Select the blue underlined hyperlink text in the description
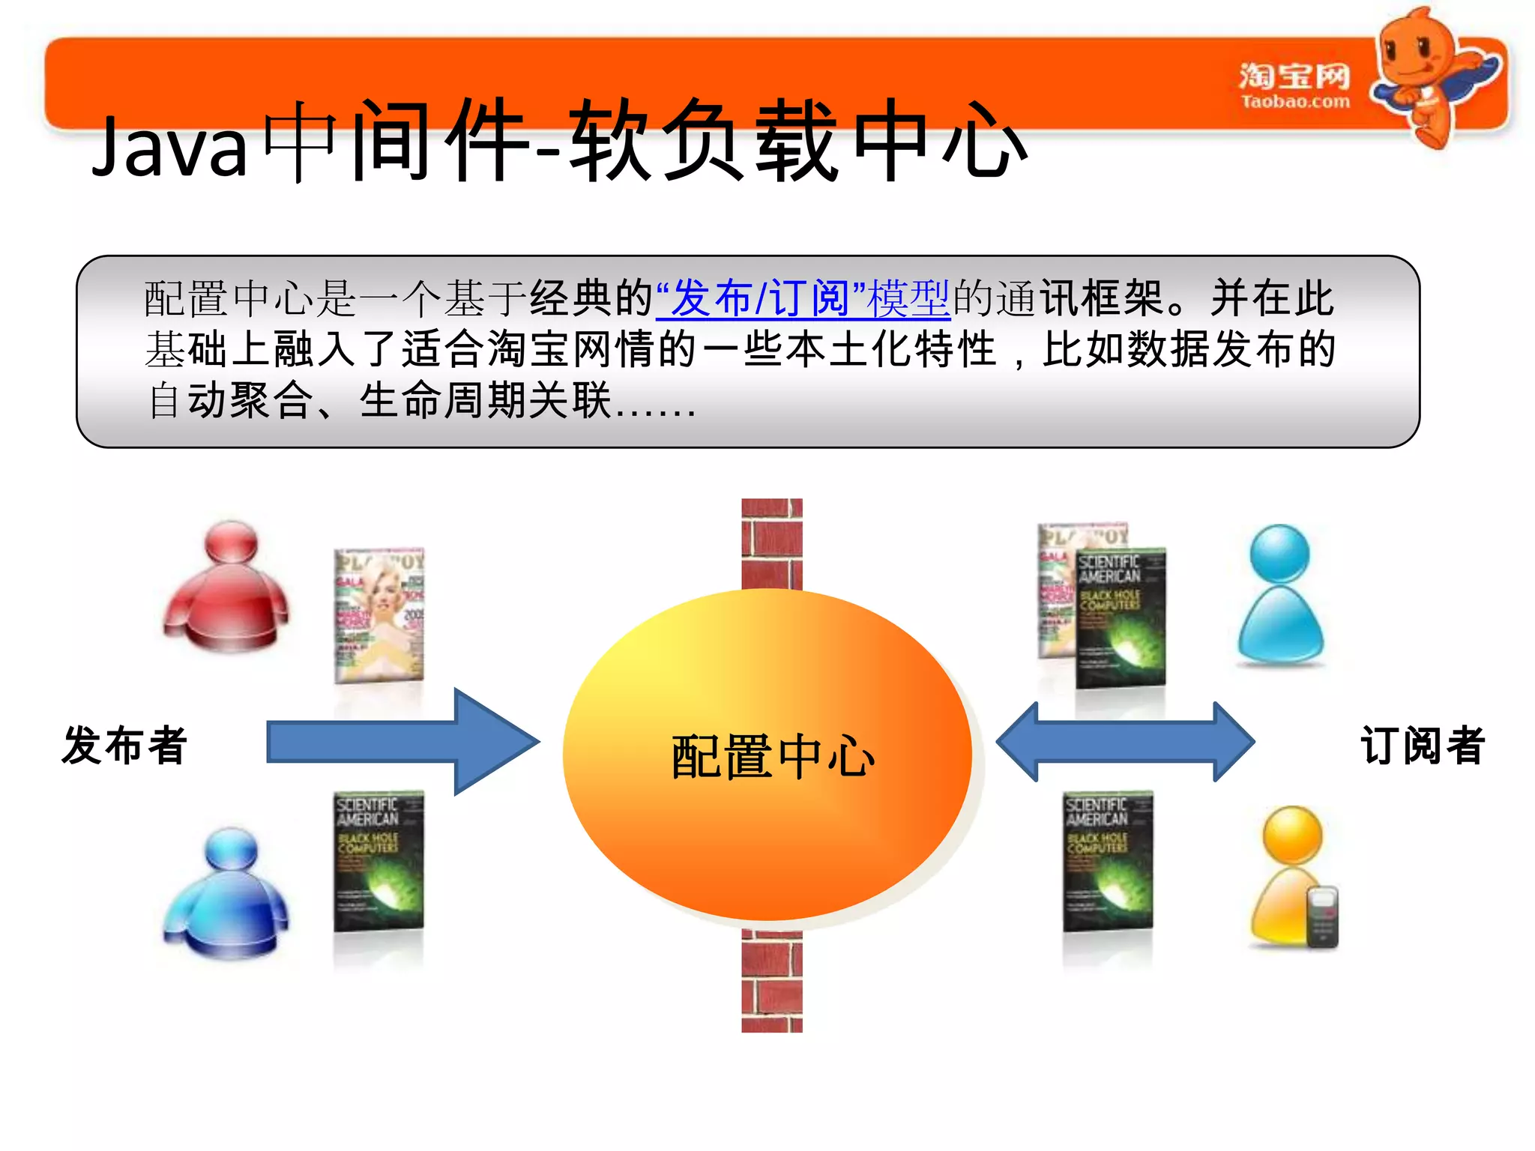pyautogui.click(x=803, y=298)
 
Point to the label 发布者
pyautogui.click(x=124, y=746)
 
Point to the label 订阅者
pyautogui.click(x=1422, y=746)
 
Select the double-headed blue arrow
pyautogui.click(x=1125, y=742)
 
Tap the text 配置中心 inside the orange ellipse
pyautogui.click(x=773, y=757)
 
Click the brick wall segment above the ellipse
pyautogui.click(x=772, y=543)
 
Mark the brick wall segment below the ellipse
pyautogui.click(x=772, y=982)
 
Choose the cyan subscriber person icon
pyautogui.click(x=1280, y=596)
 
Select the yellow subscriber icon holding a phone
pyautogui.click(x=1291, y=877)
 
